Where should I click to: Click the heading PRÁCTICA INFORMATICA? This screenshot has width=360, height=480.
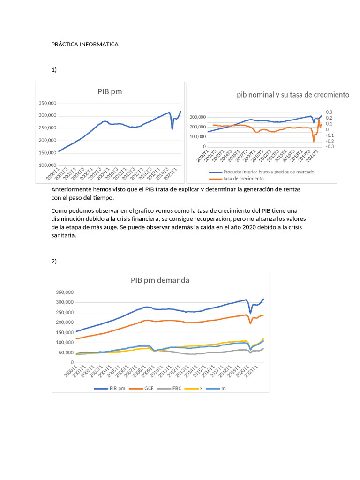(85, 45)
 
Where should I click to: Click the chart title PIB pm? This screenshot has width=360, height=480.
(110, 91)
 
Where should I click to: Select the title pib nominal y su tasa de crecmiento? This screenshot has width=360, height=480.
(293, 95)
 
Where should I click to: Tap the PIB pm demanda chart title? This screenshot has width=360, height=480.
(160, 280)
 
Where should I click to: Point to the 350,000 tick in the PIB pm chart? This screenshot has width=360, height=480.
(60, 103)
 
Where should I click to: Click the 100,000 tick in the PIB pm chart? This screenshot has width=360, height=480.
(60, 165)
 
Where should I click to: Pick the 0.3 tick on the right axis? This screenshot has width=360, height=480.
(329, 112)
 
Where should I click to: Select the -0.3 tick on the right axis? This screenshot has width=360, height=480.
(330, 147)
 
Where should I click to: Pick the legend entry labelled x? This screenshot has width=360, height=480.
(201, 389)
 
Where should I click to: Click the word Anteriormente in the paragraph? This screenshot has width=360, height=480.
(72, 189)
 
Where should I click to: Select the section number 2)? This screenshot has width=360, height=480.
(54, 261)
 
